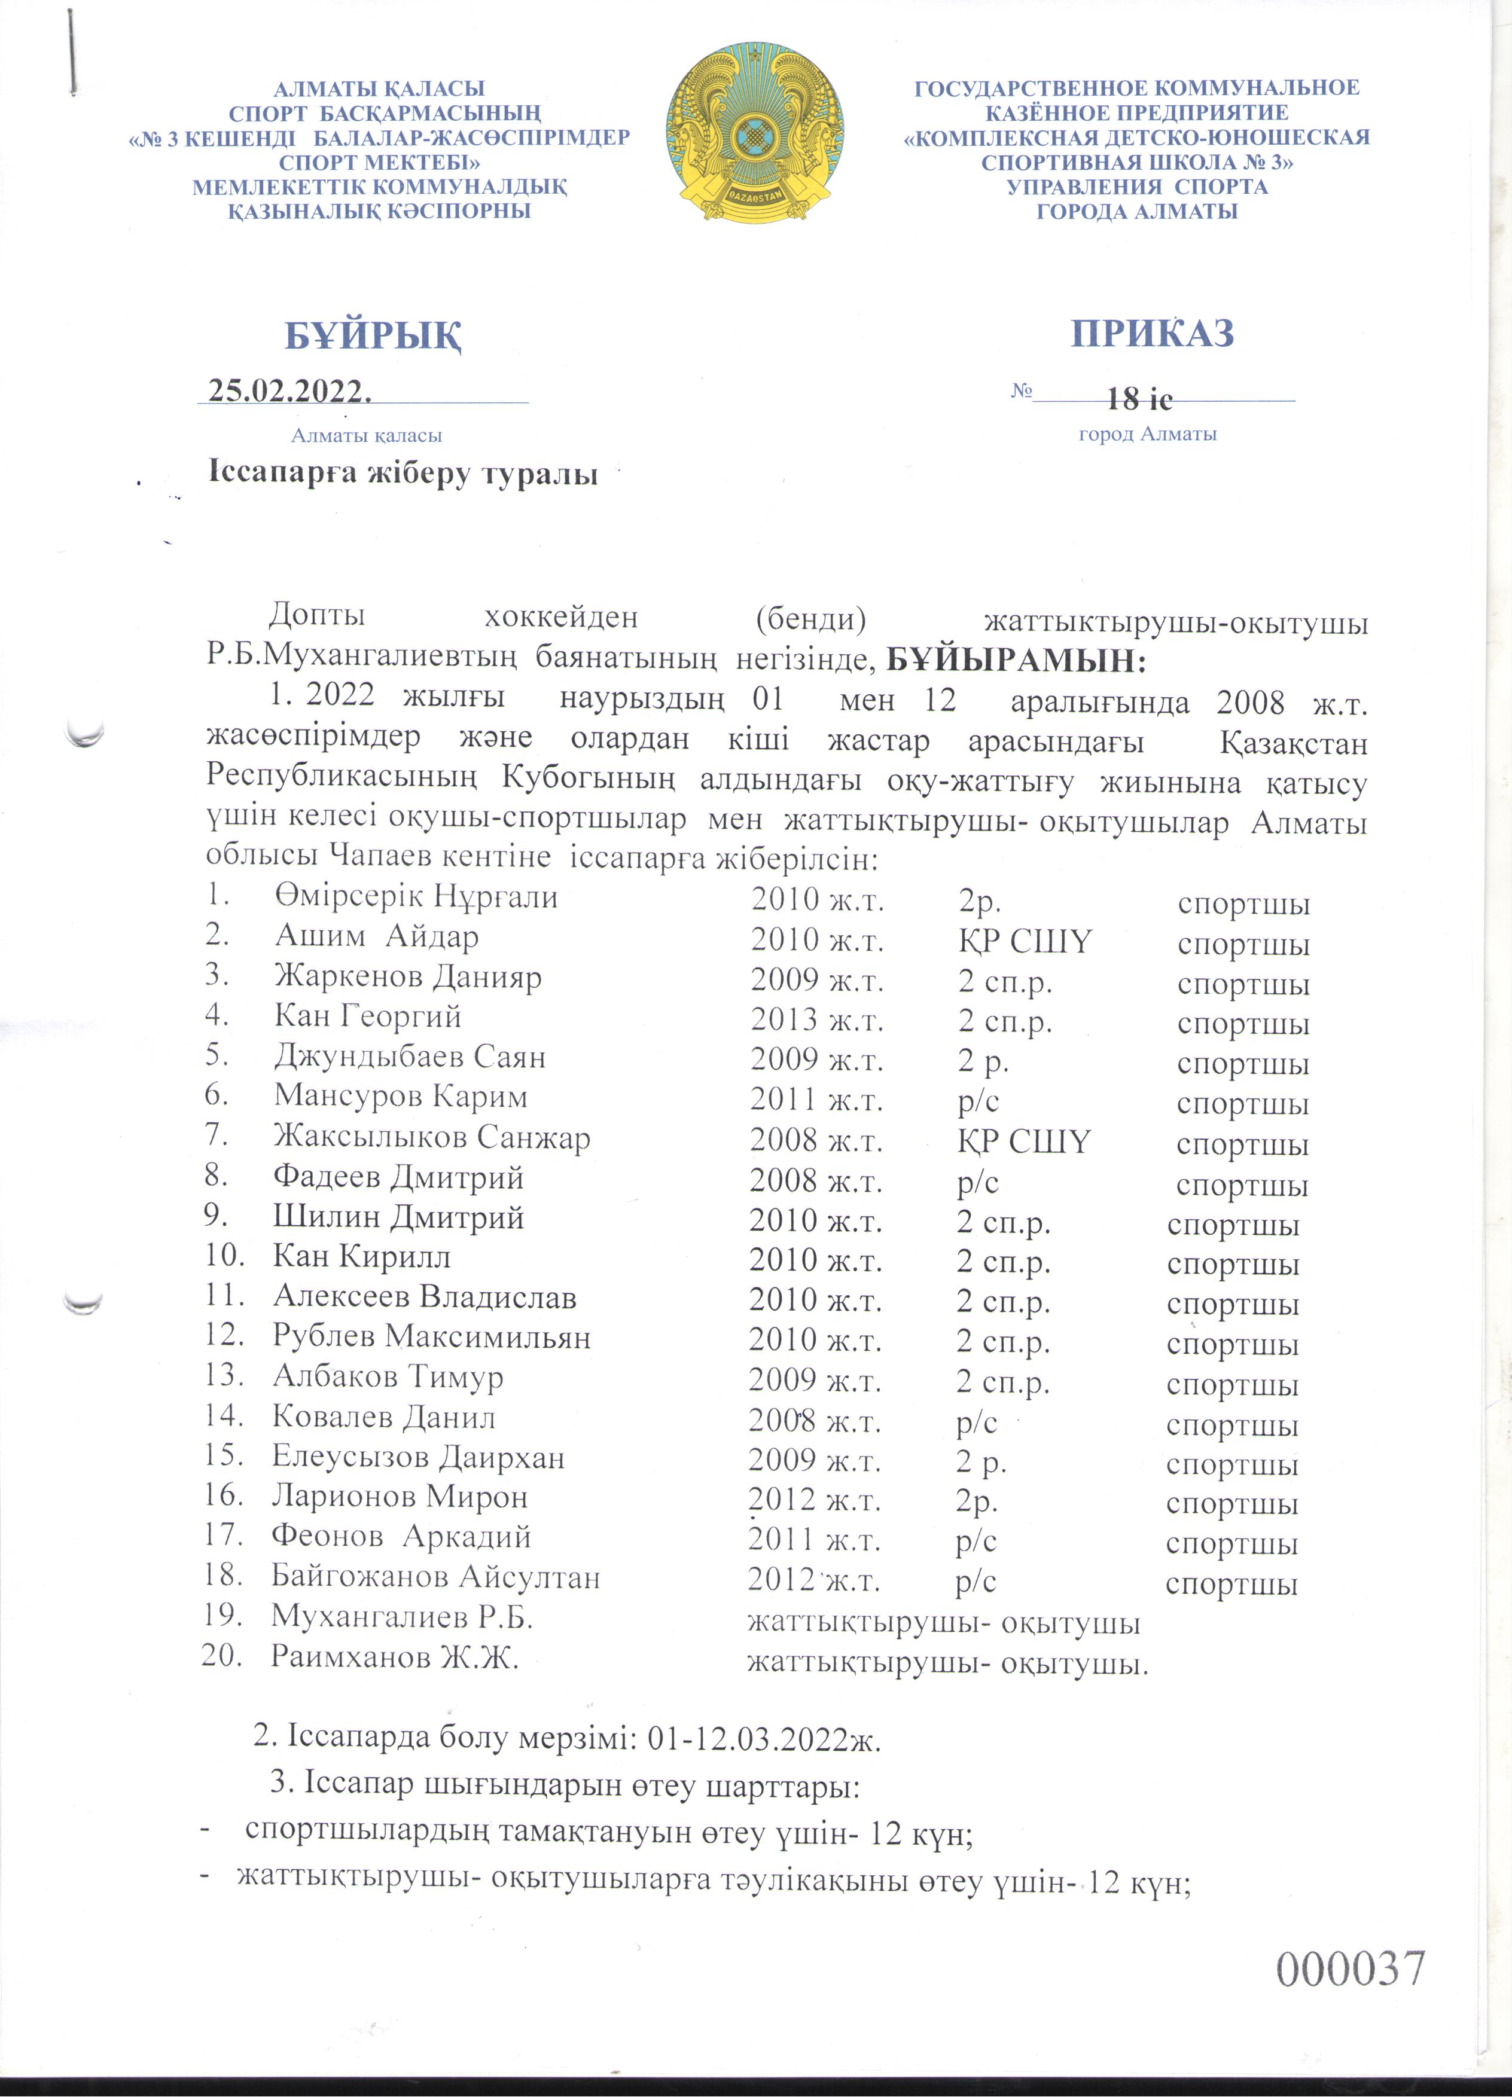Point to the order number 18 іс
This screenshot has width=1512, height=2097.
[1139, 399]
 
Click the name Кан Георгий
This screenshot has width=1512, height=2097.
[367, 1017]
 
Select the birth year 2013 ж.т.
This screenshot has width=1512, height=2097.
[816, 1020]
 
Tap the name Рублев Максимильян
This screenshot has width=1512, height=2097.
[431, 1337]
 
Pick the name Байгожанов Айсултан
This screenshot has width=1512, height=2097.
[435, 1576]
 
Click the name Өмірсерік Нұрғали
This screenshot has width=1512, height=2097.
[416, 897]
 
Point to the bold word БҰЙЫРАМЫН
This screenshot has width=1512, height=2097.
[1016, 661]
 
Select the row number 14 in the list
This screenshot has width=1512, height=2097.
[224, 1417]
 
